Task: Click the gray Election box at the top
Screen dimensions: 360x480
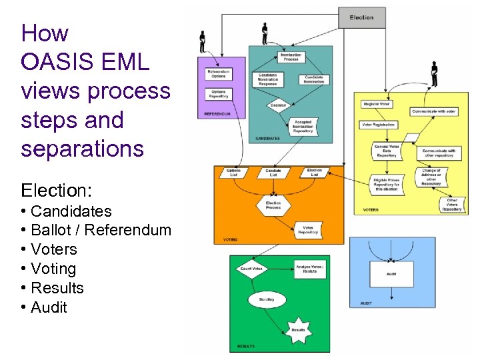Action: point(361,17)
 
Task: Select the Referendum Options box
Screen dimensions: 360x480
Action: point(219,74)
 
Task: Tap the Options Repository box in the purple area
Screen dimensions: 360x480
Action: point(219,93)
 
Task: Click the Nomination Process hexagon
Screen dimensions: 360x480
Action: point(291,57)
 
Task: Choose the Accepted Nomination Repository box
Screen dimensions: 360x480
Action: point(303,127)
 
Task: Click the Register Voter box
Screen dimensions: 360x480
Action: point(377,105)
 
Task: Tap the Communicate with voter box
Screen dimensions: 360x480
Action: point(434,111)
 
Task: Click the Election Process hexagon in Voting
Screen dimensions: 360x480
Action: point(273,204)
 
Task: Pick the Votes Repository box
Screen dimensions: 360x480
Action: point(308,231)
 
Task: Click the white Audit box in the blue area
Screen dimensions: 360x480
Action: point(391,274)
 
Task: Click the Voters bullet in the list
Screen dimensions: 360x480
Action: point(53,249)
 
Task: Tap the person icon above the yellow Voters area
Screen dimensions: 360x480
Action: point(434,74)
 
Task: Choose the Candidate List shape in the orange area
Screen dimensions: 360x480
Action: point(273,172)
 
